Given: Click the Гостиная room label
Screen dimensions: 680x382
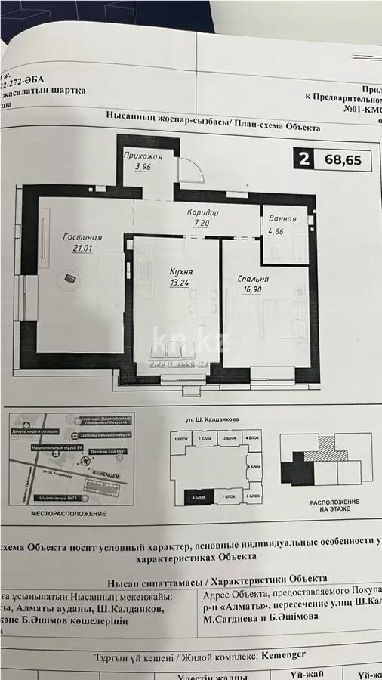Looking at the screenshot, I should [82, 237].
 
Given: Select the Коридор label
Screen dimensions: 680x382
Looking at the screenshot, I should [203, 214].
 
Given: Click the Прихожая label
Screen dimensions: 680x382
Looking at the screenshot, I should [143, 156].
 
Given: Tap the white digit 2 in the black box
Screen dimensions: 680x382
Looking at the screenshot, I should [303, 159].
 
